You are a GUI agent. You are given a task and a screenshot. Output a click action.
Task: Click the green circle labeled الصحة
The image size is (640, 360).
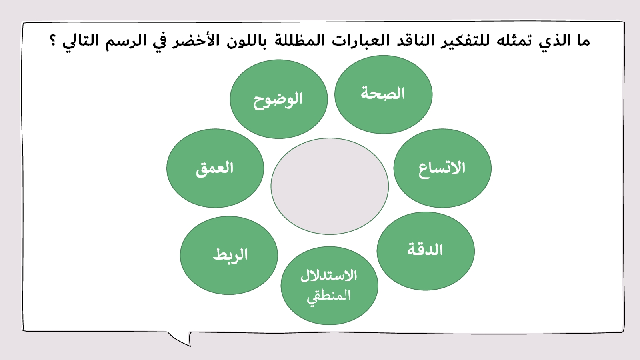pos(384,94)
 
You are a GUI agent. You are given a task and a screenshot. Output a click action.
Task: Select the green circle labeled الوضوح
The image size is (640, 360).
pos(279,99)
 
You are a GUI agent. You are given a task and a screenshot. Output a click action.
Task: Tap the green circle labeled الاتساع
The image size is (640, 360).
pos(442,168)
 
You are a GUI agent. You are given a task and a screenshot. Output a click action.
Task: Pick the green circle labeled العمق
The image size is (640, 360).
pos(215,168)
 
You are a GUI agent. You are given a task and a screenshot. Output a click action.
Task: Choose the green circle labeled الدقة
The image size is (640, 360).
pos(426,251)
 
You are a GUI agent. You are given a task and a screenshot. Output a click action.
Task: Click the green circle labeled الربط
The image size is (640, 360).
pos(229,256)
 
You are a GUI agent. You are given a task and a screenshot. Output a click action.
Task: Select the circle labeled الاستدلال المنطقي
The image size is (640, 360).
pos(330,286)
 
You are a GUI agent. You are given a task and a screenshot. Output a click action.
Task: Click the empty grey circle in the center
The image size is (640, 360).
pos(330,186)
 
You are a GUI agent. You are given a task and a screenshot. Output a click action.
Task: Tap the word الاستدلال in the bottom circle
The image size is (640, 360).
pos(328,276)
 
